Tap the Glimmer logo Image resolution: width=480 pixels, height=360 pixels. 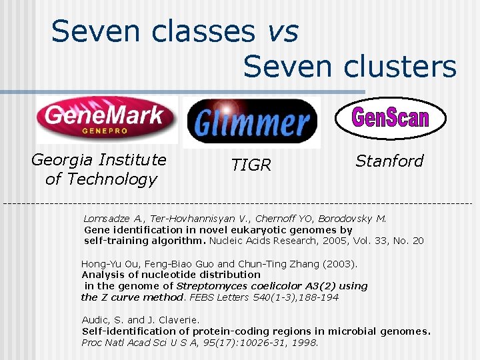point(251,122)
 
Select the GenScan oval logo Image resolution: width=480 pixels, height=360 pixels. point(389,118)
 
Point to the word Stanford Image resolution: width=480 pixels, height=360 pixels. point(389,161)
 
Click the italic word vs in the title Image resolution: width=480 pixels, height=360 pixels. point(282,31)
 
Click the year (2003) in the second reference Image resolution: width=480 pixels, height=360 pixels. point(341,263)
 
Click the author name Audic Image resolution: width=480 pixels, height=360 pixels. point(94,320)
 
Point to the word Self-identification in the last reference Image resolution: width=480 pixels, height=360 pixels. point(125,331)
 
